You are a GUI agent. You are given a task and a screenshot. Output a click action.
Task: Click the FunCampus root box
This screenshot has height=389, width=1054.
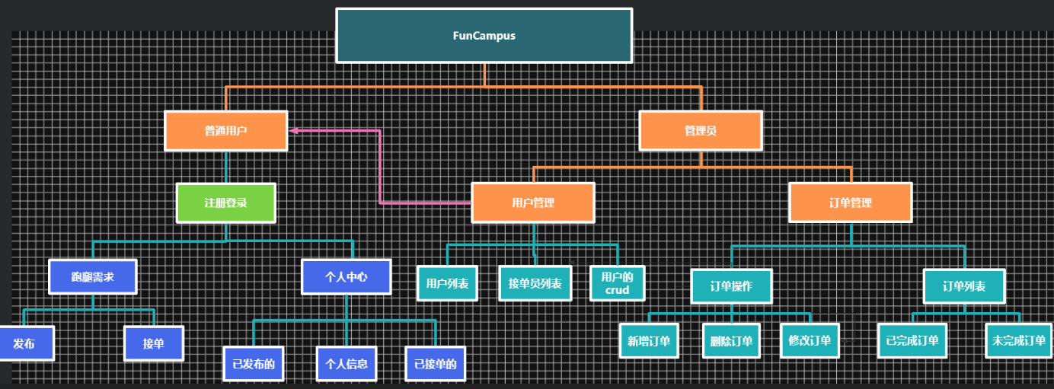click(x=484, y=36)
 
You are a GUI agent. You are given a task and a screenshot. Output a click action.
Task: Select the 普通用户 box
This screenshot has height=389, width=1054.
click(x=226, y=131)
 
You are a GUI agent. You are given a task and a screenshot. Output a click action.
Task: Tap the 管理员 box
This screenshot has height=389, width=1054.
click(x=701, y=131)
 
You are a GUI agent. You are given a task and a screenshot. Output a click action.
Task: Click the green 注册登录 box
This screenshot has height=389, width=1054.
click(x=225, y=203)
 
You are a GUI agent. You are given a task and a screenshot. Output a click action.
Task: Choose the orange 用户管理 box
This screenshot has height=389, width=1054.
click(x=533, y=202)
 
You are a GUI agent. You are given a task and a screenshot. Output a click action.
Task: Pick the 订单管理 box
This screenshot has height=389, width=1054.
click(x=850, y=202)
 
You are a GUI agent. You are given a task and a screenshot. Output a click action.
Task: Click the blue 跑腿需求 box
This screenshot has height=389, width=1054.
click(x=93, y=277)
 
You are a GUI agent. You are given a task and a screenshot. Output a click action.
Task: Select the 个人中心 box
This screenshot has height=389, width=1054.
click(x=347, y=277)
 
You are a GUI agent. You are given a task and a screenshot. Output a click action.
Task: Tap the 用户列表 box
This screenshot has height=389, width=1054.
click(x=447, y=283)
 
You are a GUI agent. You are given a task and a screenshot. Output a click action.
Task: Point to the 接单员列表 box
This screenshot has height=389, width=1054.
click(x=535, y=283)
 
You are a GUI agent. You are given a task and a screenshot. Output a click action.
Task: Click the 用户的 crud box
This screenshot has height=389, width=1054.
click(x=618, y=283)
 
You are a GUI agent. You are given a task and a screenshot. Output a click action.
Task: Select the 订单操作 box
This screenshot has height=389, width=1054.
click(x=731, y=286)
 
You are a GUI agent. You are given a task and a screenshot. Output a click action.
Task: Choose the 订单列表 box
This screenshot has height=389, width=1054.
click(x=964, y=286)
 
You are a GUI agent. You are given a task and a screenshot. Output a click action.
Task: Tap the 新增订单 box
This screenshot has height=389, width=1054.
click(x=649, y=341)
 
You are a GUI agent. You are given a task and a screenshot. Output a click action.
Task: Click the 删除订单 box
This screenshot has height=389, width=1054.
click(x=731, y=341)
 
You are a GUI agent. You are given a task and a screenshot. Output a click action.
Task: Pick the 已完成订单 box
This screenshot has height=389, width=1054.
click(x=912, y=341)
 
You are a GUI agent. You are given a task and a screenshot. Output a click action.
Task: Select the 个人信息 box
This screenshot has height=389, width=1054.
click(x=347, y=364)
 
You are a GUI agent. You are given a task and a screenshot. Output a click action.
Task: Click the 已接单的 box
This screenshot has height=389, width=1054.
click(x=436, y=364)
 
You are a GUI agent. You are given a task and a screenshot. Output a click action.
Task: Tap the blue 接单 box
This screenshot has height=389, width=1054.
click(x=154, y=343)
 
